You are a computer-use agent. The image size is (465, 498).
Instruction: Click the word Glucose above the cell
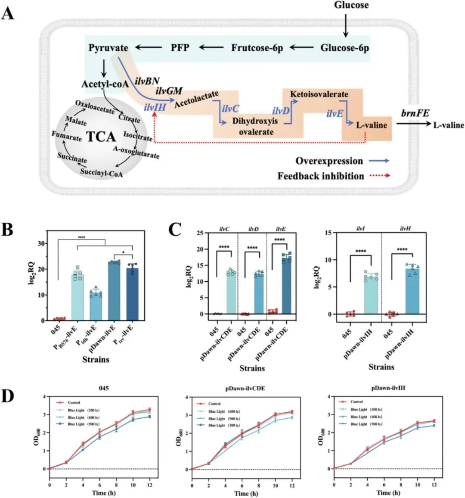(x=351, y=5)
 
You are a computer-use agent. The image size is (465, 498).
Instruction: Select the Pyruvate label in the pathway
(x=108, y=47)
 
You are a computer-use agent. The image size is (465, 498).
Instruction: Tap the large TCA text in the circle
(x=101, y=137)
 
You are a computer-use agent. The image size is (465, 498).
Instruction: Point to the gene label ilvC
(x=230, y=108)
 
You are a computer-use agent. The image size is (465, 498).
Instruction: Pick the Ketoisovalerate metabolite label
(x=319, y=94)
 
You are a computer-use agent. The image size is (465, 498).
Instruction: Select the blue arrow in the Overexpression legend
(x=379, y=161)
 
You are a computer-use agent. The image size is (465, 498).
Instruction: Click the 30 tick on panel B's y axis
(x=41, y=243)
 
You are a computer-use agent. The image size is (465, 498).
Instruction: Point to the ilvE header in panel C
(x=280, y=229)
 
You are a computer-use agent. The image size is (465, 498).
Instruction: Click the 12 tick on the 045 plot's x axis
(x=149, y=485)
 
